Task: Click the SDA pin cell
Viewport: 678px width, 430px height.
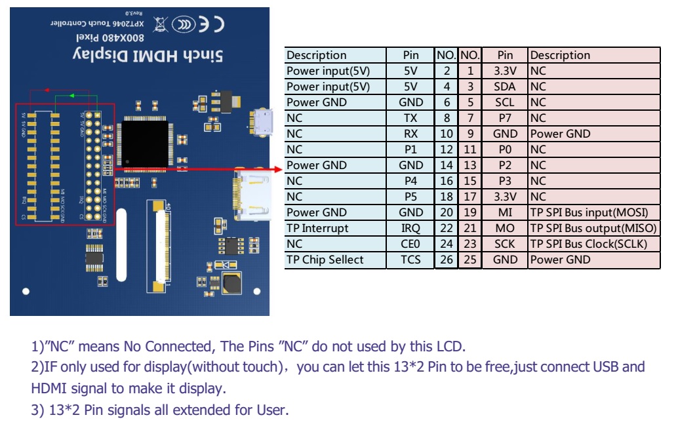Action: click(505, 87)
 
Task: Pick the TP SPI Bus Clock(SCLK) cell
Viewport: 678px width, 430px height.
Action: click(593, 244)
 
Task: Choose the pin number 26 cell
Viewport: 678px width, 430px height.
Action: click(447, 260)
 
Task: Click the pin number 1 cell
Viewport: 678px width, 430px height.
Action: click(470, 71)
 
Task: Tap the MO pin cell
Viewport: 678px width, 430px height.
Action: click(505, 228)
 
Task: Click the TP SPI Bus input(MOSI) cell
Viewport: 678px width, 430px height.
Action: click(593, 212)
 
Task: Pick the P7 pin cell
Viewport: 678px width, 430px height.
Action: click(505, 118)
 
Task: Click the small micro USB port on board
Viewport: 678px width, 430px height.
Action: click(262, 122)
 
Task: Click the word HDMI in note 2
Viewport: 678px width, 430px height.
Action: click(52, 388)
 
